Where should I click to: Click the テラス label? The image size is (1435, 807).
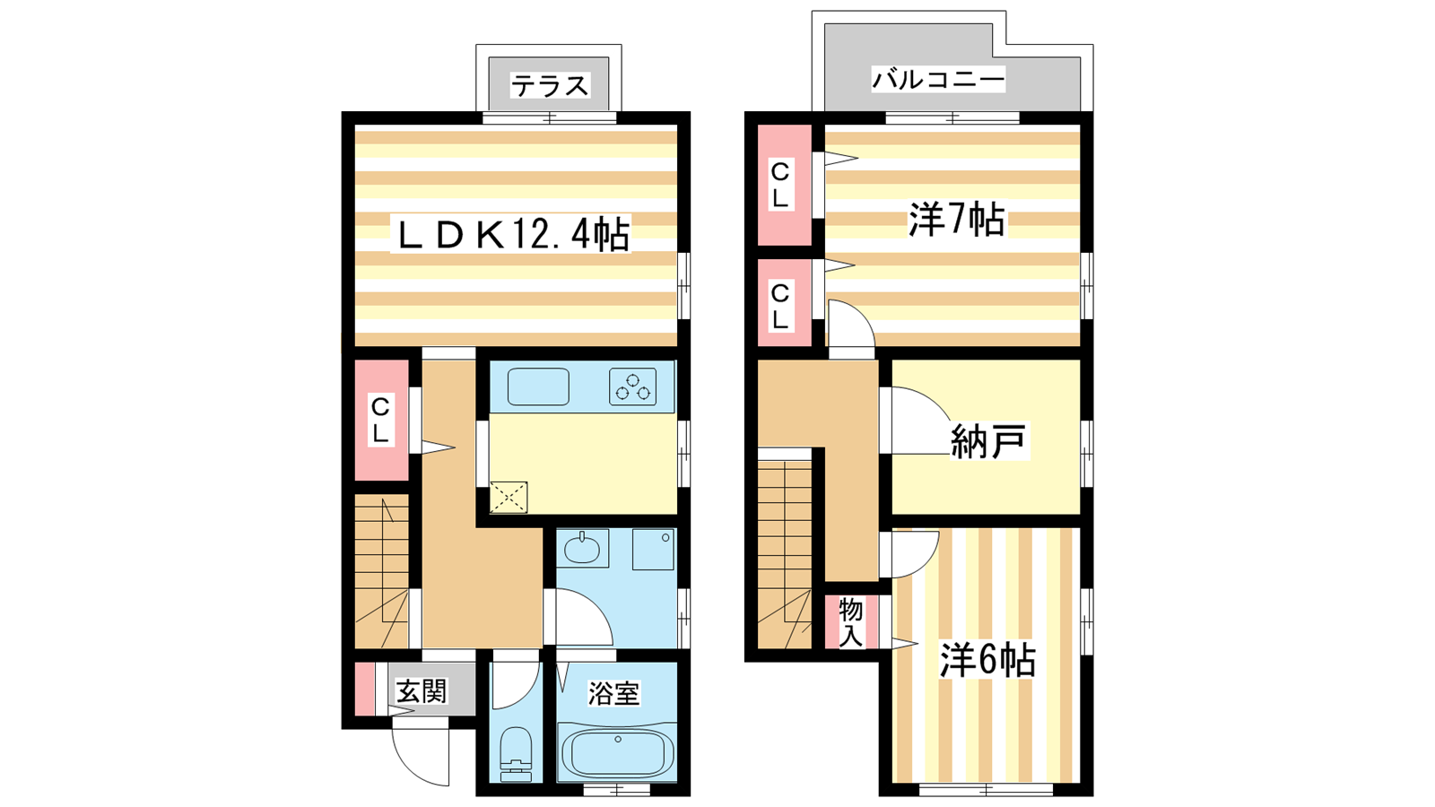pyautogui.click(x=549, y=85)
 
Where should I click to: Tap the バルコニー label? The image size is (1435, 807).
pyautogui.click(x=938, y=80)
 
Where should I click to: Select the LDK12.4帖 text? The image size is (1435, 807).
pyautogui.click(x=511, y=234)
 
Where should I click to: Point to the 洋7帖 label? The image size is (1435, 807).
pyautogui.click(x=956, y=220)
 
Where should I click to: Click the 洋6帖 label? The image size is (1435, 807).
pyautogui.click(x=987, y=660)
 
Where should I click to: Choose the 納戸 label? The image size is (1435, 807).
pyautogui.click(x=987, y=440)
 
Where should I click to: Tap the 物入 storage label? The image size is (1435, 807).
pyautogui.click(x=850, y=622)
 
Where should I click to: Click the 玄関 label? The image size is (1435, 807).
pyautogui.click(x=421, y=691)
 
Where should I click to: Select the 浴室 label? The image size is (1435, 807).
pyautogui.click(x=613, y=694)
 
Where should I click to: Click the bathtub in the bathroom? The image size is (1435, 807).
pyautogui.click(x=618, y=753)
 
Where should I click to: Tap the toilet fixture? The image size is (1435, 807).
pyautogui.click(x=516, y=754)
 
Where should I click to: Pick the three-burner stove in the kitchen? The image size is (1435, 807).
pyautogui.click(x=632, y=386)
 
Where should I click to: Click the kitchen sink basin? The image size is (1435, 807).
pyautogui.click(x=538, y=386)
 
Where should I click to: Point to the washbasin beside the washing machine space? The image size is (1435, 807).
pyautogui.click(x=582, y=548)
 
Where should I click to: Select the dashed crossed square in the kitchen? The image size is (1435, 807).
pyautogui.click(x=509, y=498)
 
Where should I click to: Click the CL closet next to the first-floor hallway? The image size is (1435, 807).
pyautogui.click(x=381, y=421)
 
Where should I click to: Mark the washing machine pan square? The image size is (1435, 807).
pyautogui.click(x=653, y=549)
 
